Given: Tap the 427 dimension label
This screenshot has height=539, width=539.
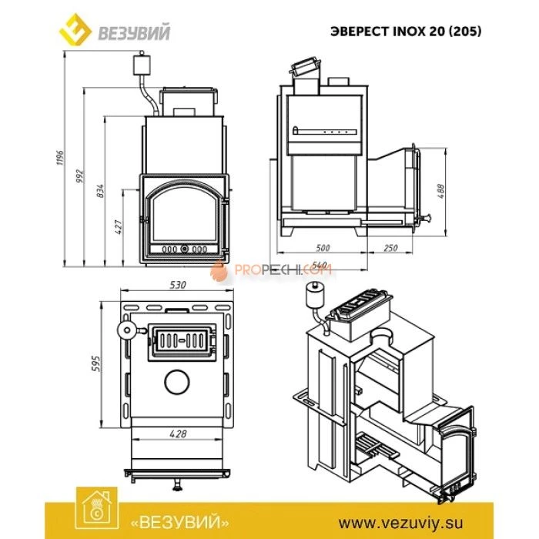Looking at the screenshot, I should coord(119,229).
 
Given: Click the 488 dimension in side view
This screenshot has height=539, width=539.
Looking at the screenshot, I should coord(441,189).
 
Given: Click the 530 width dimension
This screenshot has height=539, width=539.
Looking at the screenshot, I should coord(178,285).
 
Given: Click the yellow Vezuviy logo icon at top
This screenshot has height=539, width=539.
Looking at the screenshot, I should coord(75,32).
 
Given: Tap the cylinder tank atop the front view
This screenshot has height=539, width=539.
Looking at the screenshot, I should coord(142,63).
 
